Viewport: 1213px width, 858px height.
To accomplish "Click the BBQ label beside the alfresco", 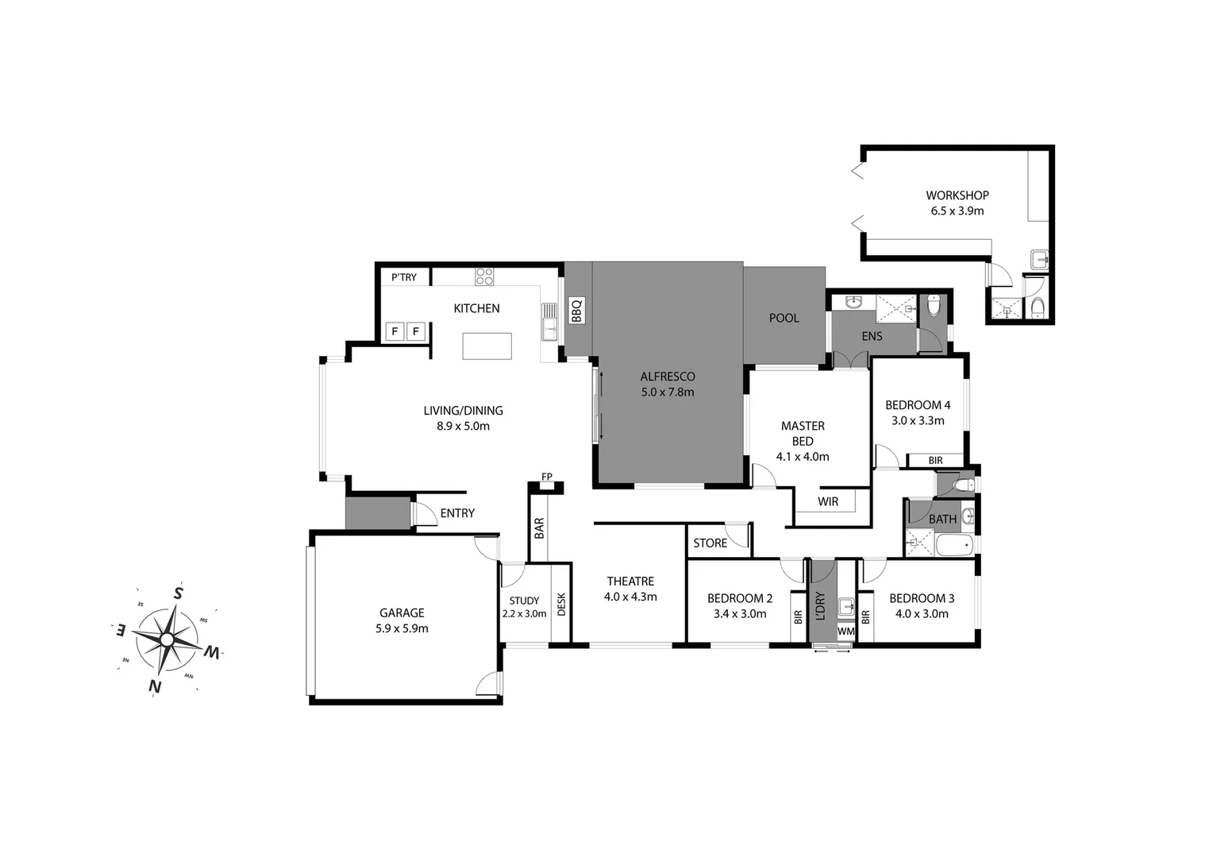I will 577,311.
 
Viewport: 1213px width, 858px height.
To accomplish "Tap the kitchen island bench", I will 487,346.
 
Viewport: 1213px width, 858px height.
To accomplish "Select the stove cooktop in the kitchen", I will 484,276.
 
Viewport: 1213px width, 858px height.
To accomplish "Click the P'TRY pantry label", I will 403,277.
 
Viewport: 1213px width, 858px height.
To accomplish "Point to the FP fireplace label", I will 546,477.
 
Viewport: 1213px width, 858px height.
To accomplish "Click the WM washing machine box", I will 845,632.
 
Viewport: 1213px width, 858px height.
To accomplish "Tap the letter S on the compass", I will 179,593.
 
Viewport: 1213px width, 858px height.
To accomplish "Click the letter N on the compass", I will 156,686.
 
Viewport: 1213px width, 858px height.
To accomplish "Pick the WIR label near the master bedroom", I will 827,501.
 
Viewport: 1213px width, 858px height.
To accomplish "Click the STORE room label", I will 710,543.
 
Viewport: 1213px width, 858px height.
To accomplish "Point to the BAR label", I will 539,528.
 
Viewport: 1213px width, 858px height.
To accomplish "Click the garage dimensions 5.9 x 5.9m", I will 402,628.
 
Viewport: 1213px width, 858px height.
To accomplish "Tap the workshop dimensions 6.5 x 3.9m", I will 957,211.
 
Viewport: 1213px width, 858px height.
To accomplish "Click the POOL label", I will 784,318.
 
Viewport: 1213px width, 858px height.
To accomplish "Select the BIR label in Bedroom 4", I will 935,460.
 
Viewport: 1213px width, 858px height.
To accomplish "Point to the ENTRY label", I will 457,513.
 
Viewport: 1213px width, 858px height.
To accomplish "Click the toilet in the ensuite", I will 934,304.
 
